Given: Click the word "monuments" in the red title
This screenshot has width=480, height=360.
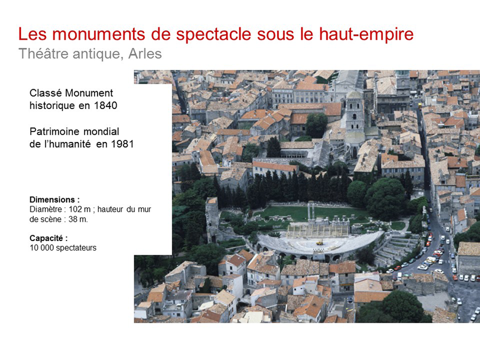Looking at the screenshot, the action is click(99, 34).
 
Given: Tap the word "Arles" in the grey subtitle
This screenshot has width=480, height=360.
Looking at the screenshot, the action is click(145, 54).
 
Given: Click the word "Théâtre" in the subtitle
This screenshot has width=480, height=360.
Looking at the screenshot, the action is click(44, 53).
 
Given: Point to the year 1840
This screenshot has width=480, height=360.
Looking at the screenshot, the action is click(106, 105).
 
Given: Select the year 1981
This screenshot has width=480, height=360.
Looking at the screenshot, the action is click(122, 144).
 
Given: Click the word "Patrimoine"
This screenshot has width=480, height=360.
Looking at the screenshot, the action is click(55, 132).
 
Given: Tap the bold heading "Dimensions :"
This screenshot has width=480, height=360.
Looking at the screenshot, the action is click(55, 200).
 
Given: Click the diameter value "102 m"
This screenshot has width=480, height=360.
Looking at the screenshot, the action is click(80, 210).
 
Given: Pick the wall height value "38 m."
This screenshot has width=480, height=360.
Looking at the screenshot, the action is click(78, 219).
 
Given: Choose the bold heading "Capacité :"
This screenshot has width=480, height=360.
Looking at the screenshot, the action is click(49, 238).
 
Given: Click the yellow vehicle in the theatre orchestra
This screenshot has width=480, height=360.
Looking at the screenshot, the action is click(320, 243).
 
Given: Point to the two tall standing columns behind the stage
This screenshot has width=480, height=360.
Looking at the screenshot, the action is click(311, 211).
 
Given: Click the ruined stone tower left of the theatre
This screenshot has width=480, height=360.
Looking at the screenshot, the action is click(212, 219).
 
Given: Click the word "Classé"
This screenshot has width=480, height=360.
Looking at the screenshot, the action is click(46, 93).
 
